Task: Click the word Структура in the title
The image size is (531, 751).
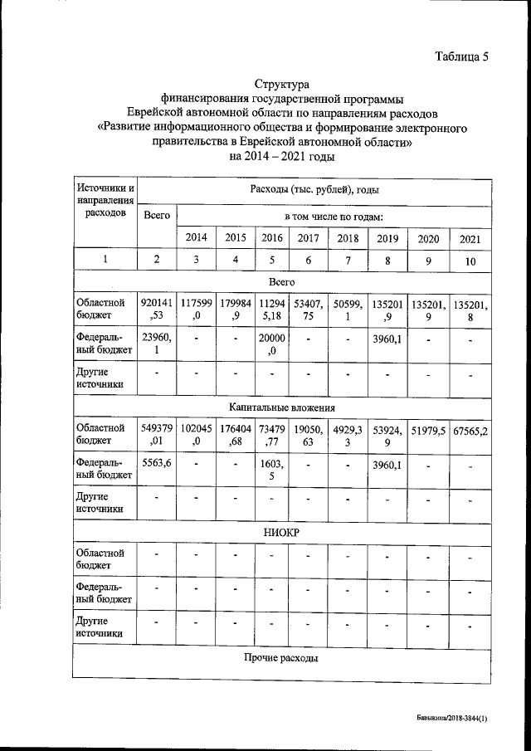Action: pyautogui.click(x=281, y=85)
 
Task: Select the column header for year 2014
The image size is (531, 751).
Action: pyautogui.click(x=196, y=237)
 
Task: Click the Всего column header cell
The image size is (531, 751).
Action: pyautogui.click(x=157, y=216)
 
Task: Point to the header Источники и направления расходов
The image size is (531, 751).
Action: pyautogui.click(x=105, y=201)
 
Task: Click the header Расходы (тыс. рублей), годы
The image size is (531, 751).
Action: pyautogui.click(x=314, y=190)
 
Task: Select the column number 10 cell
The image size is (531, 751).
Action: pyautogui.click(x=470, y=261)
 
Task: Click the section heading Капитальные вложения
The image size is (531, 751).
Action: pyautogui.click(x=282, y=407)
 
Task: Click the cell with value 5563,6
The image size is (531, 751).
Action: pyautogui.click(x=157, y=463)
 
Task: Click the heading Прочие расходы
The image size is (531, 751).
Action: pyautogui.click(x=282, y=658)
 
